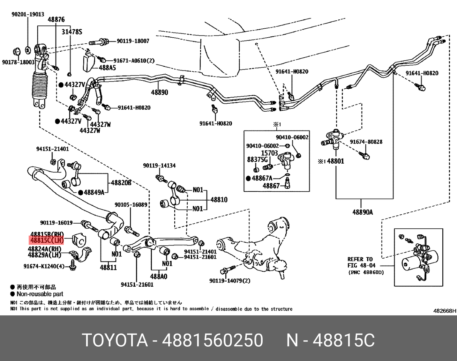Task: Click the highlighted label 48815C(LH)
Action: point(47,240)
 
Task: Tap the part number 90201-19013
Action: point(28,14)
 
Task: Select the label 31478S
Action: point(72,32)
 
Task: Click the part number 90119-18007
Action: point(133,41)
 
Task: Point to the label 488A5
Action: point(107,68)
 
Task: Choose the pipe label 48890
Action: point(160,92)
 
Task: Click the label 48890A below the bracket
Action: point(363,212)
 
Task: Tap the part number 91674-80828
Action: point(366,142)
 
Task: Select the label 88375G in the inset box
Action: point(257,159)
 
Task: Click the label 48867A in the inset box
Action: point(262,178)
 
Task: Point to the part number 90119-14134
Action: point(159,166)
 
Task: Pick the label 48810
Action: point(219,200)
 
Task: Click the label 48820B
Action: point(121,183)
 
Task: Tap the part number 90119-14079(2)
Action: point(230,281)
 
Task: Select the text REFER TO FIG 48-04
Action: point(361,262)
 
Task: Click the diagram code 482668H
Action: point(445,311)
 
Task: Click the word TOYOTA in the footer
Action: point(115,340)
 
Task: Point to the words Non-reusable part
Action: point(40,294)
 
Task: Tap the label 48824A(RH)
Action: point(44,249)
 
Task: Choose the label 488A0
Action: point(159,276)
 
